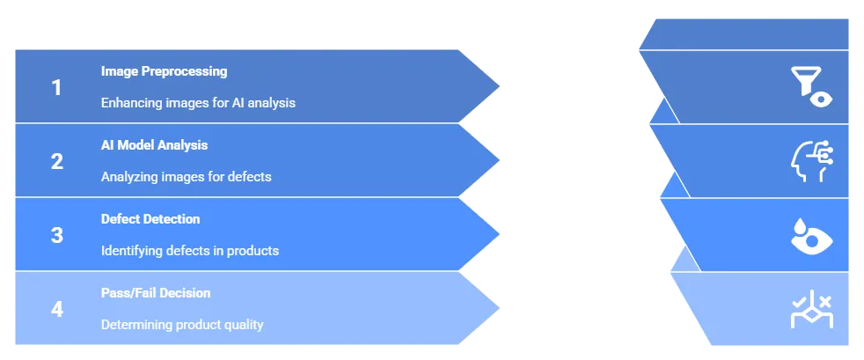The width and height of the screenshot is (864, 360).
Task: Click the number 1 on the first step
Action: (x=57, y=87)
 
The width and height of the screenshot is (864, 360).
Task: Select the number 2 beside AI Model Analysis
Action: (x=57, y=161)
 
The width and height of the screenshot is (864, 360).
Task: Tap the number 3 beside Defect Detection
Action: (x=57, y=235)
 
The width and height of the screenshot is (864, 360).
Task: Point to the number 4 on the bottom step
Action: (x=57, y=309)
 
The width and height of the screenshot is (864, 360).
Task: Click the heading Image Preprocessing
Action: (x=164, y=70)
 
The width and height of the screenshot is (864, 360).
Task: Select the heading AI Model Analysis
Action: (x=154, y=144)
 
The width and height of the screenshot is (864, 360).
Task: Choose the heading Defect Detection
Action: (x=150, y=218)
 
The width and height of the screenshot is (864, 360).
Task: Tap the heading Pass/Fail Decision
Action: (x=156, y=292)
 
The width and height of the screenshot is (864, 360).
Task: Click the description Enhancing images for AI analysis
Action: (x=198, y=103)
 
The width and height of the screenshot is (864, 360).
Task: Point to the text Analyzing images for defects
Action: (x=186, y=177)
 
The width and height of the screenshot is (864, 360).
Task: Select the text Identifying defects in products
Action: (x=190, y=251)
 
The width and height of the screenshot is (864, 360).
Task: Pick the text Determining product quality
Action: (x=182, y=325)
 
